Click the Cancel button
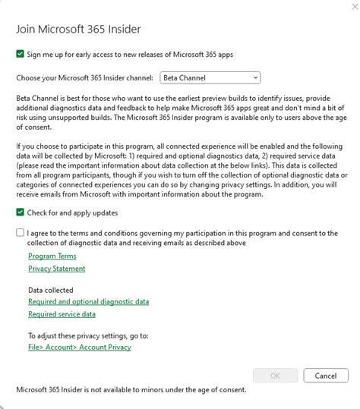pyautogui.click(x=326, y=376)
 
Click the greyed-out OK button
pyautogui.click(x=275, y=376)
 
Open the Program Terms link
pyautogui.click(x=52, y=256)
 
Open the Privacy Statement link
pyautogui.click(x=57, y=268)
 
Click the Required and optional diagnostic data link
pyautogui.click(x=88, y=301)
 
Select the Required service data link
pyautogui.click(x=62, y=313)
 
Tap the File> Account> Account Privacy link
pyautogui.click(x=79, y=347)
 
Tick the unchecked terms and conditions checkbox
pyautogui.click(x=20, y=233)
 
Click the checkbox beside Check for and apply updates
pyautogui.click(x=20, y=212)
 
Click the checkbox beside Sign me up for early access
pyautogui.click(x=20, y=54)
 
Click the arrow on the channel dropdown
pyautogui.click(x=256, y=77)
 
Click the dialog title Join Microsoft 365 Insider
pyautogui.click(x=78, y=30)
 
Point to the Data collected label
pyautogui.click(x=51, y=290)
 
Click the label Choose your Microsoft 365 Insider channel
pyautogui.click(x=86, y=77)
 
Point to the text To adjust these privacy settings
pyautogui.click(x=88, y=335)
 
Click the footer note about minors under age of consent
pyautogui.click(x=131, y=390)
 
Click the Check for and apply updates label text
pyautogui.click(x=72, y=212)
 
